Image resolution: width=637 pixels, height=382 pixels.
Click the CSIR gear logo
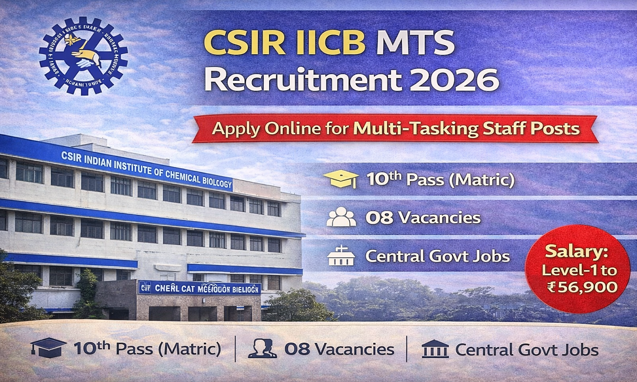pyautogui.click(x=83, y=55)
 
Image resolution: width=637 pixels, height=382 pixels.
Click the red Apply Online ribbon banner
pyautogui.click(x=395, y=129)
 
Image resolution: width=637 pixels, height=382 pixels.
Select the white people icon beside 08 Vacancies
pyautogui.click(x=341, y=218)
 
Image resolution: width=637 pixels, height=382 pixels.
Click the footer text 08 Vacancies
pyautogui.click(x=339, y=350)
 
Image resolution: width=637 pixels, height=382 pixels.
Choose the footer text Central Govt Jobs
pyautogui.click(x=527, y=350)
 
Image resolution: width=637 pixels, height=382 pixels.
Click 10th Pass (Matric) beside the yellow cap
pyautogui.click(x=440, y=180)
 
